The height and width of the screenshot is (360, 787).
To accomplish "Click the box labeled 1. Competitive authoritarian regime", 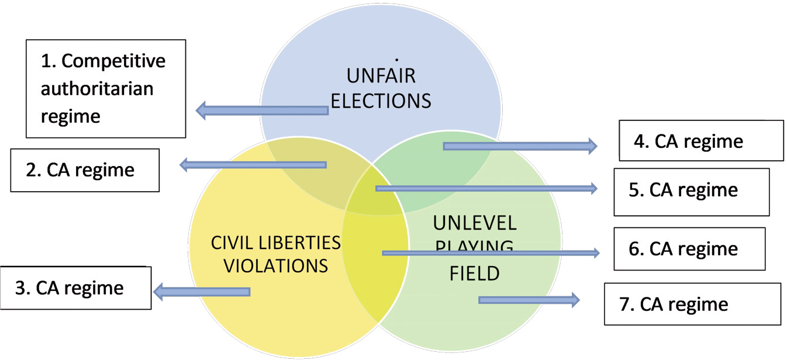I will click(x=106, y=88).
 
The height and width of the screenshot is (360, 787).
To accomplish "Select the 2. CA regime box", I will click(x=85, y=170).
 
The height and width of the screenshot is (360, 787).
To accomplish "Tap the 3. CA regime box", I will click(x=75, y=288).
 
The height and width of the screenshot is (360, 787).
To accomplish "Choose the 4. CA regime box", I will click(x=701, y=141).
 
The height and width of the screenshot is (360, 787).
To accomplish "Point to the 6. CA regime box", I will click(x=689, y=249).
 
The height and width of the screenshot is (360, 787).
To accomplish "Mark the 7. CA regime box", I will click(x=692, y=304).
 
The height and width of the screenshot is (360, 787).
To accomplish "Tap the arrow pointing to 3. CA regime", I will click(x=202, y=291).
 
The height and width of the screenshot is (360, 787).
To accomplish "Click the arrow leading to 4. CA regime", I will click(x=520, y=146).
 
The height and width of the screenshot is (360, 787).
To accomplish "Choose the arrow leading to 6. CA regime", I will click(x=491, y=253).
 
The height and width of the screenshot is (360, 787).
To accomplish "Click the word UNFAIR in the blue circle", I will click(x=381, y=77).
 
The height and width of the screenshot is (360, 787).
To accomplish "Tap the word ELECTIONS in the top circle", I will click(x=381, y=101).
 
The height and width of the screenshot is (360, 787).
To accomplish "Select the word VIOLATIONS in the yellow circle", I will click(x=276, y=265).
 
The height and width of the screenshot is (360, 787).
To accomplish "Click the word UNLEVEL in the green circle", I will click(x=475, y=223).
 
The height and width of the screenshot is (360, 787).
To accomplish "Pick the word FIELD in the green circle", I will click(x=474, y=273).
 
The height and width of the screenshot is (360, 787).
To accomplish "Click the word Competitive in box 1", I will click(x=113, y=61).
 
